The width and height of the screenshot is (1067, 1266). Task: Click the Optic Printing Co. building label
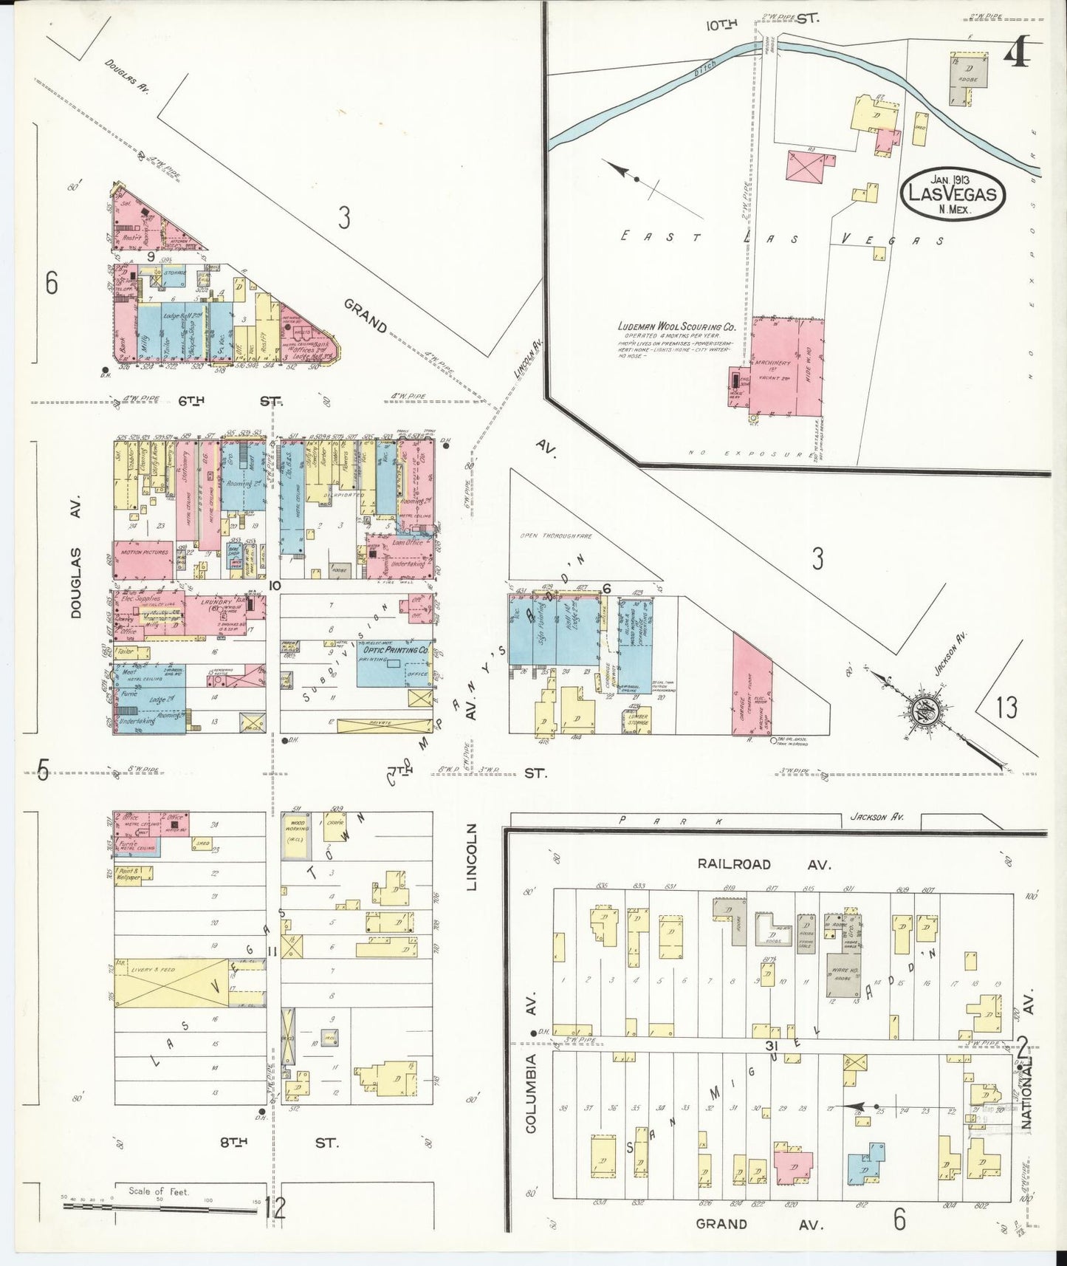tap(394, 651)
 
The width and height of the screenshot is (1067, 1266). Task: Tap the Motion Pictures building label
tap(141, 552)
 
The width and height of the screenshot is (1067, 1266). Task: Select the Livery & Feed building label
tap(153, 968)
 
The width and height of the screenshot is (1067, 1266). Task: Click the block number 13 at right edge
tap(1006, 708)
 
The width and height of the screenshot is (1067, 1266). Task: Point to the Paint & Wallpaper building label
tap(128, 875)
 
